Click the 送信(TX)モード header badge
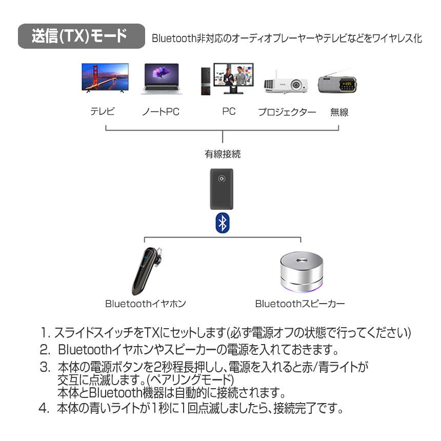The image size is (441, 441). (81, 37)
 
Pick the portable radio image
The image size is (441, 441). (337, 83)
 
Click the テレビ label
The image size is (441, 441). (103, 111)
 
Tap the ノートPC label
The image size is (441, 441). (161, 111)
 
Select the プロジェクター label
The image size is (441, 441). (287, 112)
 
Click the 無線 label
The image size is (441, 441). (339, 112)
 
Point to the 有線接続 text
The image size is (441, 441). (223, 153)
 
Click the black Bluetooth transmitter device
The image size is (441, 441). (222, 189)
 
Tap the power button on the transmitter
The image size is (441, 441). (222, 179)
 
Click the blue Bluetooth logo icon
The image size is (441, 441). (222, 223)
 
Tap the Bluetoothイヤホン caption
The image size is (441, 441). (146, 304)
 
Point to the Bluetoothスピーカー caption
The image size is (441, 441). (300, 304)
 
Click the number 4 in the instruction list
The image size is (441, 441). (43, 409)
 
